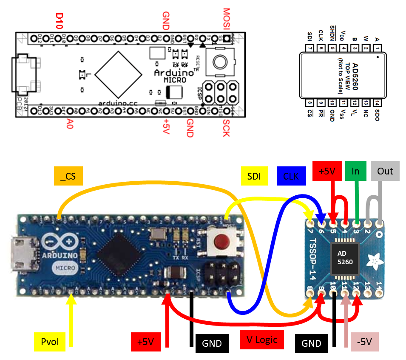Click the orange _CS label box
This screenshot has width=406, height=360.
point(68,176)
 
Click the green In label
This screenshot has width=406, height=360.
point(356,171)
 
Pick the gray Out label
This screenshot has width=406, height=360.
point(385,171)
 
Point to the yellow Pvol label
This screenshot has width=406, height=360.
point(49,342)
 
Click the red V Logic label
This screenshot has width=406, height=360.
point(262,339)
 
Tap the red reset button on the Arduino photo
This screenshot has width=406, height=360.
point(220,243)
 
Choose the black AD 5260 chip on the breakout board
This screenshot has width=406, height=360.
point(345,257)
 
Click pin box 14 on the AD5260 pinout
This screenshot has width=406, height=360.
point(377,102)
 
